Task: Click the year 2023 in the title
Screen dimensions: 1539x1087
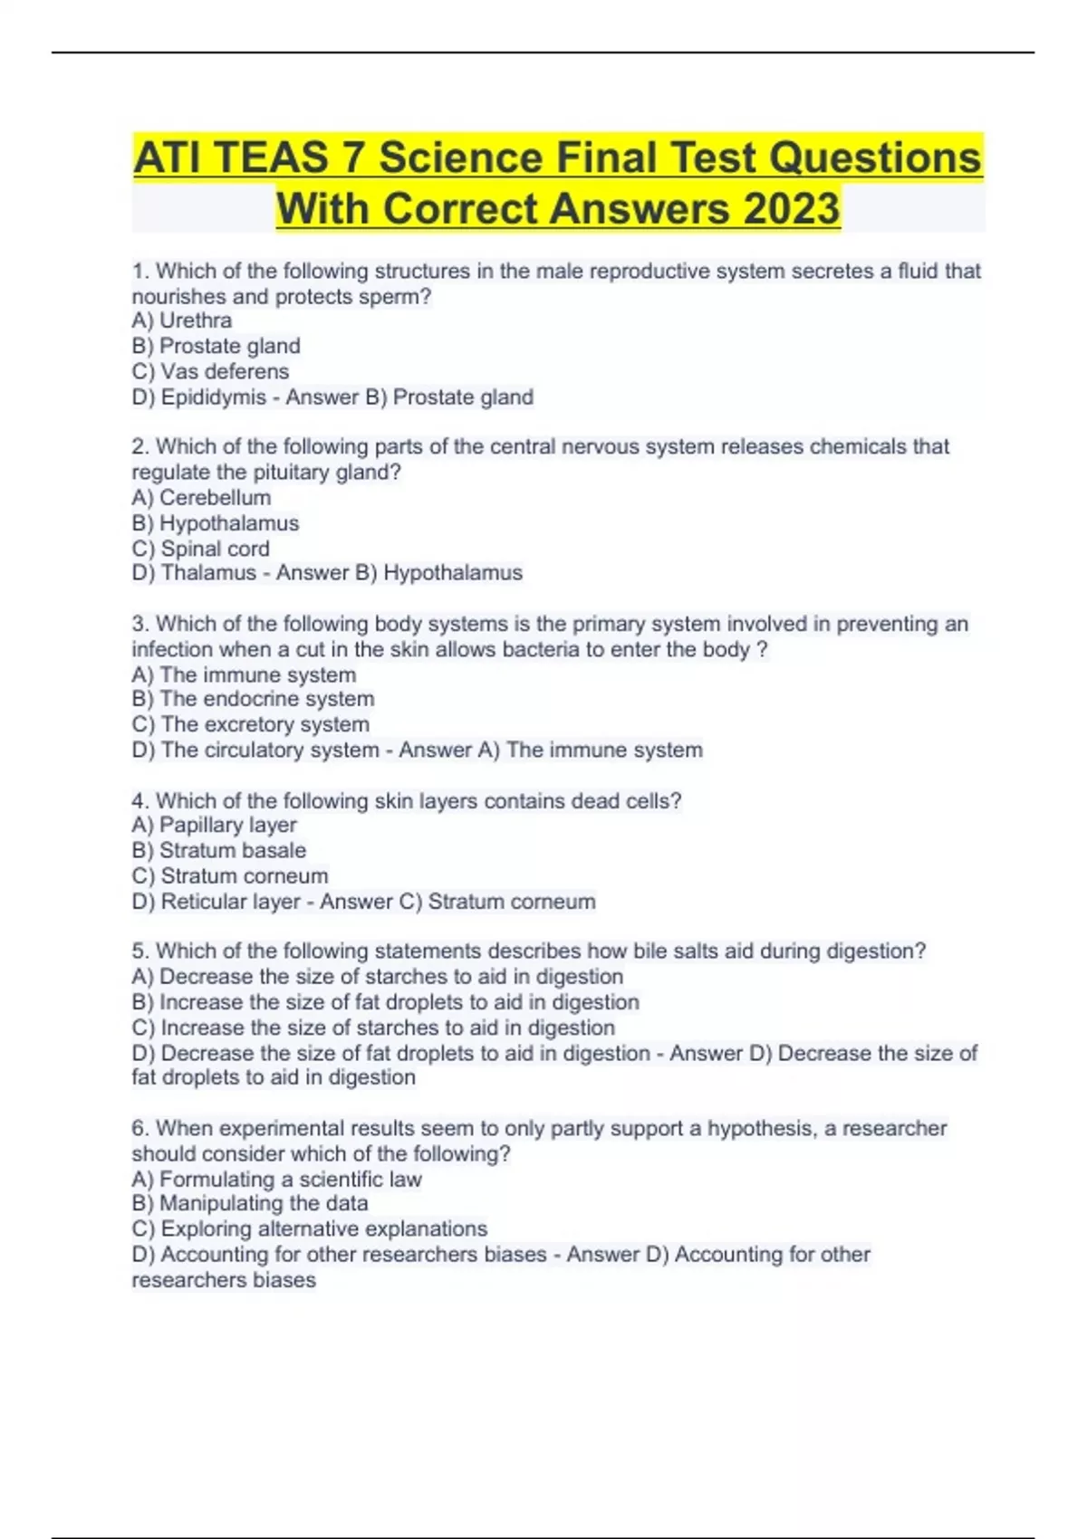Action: pos(791,208)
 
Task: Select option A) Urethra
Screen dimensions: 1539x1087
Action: pos(181,320)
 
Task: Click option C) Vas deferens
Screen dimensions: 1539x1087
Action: pos(210,371)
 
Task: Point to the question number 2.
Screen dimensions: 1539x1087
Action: pos(139,446)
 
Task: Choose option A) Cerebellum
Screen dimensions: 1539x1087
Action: pos(201,497)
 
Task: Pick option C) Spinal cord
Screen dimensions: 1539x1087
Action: pos(200,549)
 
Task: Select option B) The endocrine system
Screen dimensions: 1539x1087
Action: pos(253,699)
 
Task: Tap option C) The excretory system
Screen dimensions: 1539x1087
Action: pos(250,724)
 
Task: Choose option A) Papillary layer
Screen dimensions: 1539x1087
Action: pos(214,825)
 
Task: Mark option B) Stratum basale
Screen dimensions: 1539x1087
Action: pos(218,850)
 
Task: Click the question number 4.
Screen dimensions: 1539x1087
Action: pos(139,800)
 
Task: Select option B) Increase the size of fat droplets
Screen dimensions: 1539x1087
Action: pos(385,1002)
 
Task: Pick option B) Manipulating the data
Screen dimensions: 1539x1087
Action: pos(249,1203)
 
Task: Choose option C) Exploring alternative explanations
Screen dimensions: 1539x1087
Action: pos(309,1228)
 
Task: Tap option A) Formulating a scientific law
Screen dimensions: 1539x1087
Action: pos(276,1179)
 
